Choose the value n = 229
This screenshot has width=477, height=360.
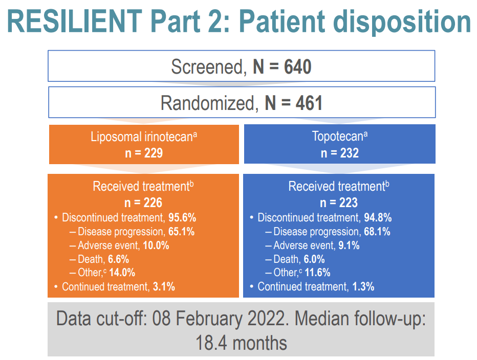(144, 152)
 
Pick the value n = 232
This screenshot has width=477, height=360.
(339, 152)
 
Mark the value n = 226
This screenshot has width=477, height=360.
(144, 202)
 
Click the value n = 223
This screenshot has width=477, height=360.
(339, 202)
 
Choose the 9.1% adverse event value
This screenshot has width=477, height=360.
(349, 245)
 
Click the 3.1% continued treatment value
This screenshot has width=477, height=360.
(164, 286)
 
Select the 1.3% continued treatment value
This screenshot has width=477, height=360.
(363, 286)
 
